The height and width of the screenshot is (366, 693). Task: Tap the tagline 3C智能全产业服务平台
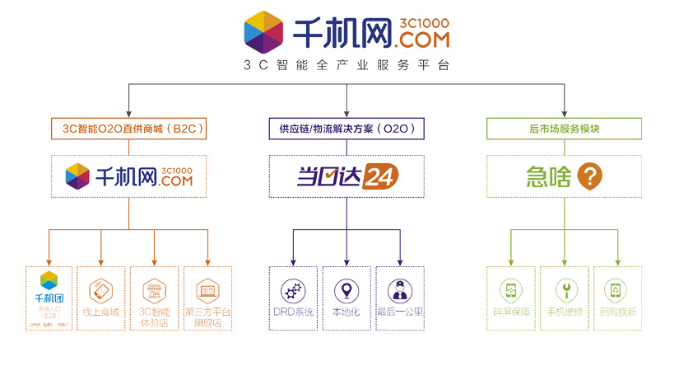pos(346,65)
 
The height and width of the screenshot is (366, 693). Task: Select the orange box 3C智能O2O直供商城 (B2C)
pos(128,129)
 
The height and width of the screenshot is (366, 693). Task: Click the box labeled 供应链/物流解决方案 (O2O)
pos(346,129)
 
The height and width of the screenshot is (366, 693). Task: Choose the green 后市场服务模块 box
pos(564,129)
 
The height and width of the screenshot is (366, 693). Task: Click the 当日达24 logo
pos(346,176)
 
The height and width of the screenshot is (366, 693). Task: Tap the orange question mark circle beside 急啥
pos(589,176)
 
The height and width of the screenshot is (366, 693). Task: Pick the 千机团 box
pos(49,298)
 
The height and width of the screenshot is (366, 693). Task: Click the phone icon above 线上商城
pos(100,290)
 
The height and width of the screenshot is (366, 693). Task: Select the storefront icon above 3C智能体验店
pos(154,290)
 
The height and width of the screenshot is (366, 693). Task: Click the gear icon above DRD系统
pos(294,290)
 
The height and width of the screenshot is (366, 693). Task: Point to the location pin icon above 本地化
pos(346,290)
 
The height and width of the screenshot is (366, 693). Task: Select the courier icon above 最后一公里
pos(399,290)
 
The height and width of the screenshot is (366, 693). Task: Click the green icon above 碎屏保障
pos(511,290)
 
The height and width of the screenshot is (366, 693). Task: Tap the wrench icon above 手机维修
pos(564,290)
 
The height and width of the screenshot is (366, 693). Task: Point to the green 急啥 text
pos(548,176)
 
